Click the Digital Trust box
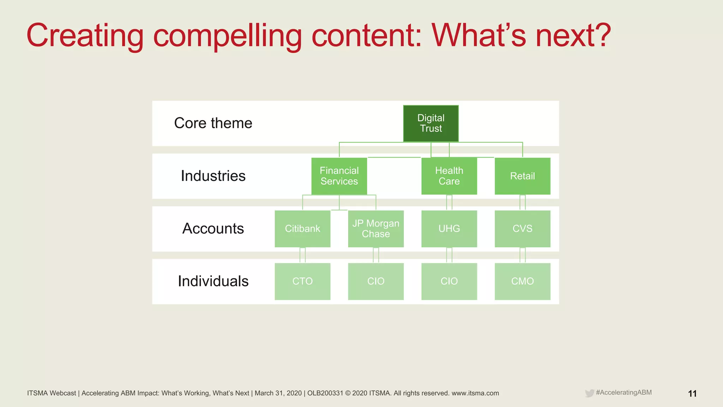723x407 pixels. [431, 123]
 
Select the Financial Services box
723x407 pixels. [339, 176]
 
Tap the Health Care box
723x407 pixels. [449, 176]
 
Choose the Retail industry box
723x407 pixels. [522, 176]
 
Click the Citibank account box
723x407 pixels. [303, 229]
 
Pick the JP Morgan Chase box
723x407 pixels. [376, 229]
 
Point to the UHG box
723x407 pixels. [449, 229]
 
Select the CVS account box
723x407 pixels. [522, 229]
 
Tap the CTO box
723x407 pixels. [303, 281]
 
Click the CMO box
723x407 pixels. [522, 281]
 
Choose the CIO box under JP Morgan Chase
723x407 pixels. [376, 281]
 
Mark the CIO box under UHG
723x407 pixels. [449, 281]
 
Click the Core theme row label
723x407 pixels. [213, 123]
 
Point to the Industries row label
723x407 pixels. [213, 176]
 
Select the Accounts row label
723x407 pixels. [213, 229]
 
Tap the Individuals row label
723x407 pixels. [213, 281]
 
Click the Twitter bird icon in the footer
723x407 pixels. [589, 393]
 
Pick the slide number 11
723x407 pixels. [692, 394]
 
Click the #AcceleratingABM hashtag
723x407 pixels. [623, 393]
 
